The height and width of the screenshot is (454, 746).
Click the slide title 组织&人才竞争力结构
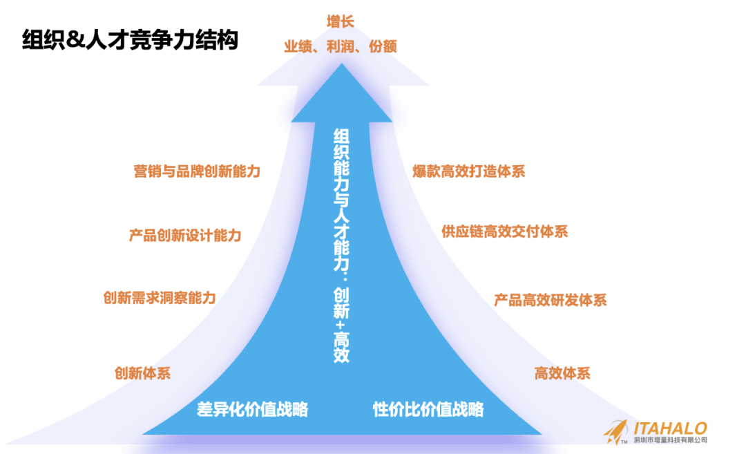click(130, 40)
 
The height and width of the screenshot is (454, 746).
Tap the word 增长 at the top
click(341, 21)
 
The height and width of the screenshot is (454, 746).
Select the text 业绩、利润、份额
click(341, 46)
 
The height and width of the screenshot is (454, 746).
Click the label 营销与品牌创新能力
click(197, 171)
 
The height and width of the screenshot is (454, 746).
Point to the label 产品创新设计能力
click(185, 235)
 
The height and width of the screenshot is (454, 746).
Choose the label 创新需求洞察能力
click(160, 298)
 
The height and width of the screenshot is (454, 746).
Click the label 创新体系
click(142, 374)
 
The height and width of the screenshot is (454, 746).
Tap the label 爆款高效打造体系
click(469, 171)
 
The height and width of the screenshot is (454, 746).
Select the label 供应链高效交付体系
click(505, 231)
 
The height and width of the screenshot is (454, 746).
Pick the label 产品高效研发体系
click(551, 300)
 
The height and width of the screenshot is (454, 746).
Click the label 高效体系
click(562, 374)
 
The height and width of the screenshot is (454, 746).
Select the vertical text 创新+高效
click(341, 325)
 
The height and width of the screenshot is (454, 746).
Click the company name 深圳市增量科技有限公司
click(669, 441)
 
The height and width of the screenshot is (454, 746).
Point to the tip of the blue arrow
click(341, 66)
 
